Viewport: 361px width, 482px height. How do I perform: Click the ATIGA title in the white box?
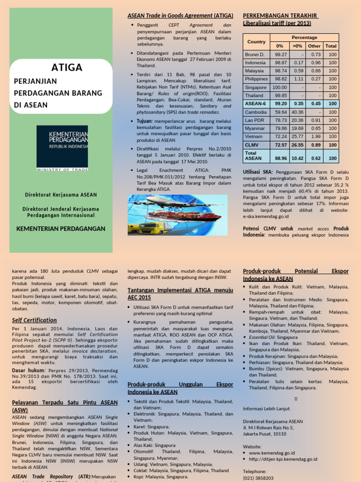tap(67, 67)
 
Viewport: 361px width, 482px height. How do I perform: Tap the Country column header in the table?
tap(256, 41)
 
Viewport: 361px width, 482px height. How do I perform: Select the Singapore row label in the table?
tap(256, 87)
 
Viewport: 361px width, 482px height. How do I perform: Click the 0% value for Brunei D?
tap(281, 55)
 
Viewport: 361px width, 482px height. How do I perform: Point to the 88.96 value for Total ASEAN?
tap(281, 158)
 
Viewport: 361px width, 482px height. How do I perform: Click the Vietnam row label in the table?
tap(254, 137)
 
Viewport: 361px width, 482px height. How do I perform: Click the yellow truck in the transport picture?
tap(151, 228)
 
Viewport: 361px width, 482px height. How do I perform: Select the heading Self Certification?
tap(34, 320)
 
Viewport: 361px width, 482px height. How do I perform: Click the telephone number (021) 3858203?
tap(258, 478)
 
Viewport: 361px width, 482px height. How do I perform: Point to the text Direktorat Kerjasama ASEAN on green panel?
tap(62, 194)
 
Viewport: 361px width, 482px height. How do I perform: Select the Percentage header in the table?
tap(304, 37)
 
